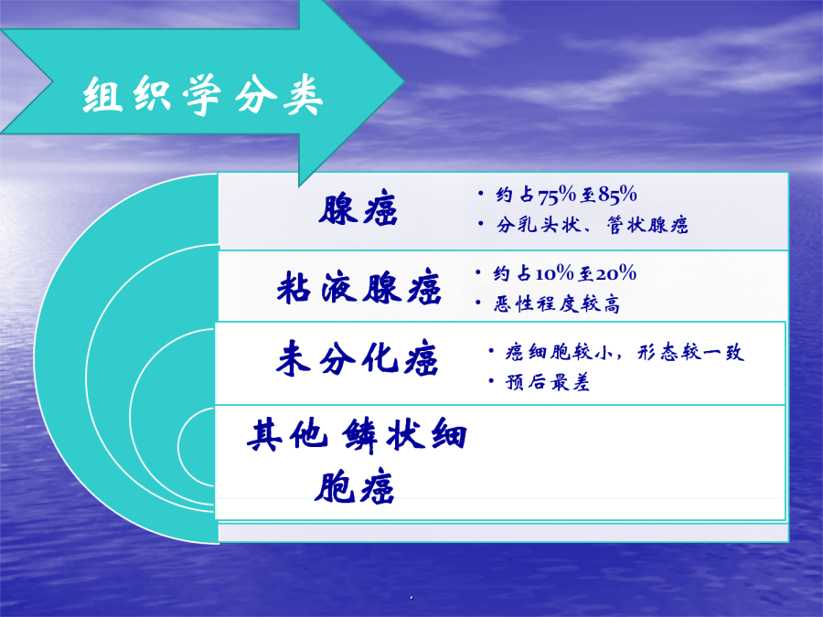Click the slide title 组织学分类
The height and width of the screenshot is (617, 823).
click(x=203, y=95)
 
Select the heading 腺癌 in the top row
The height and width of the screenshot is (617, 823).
click(x=358, y=208)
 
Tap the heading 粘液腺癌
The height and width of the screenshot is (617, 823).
click(x=359, y=287)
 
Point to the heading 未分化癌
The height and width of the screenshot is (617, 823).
click(x=357, y=359)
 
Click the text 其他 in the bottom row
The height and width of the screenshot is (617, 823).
click(x=287, y=435)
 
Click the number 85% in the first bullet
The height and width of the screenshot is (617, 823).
click(x=617, y=195)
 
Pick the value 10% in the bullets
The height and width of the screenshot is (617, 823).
click(x=554, y=273)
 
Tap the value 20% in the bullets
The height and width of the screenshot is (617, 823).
click(x=615, y=273)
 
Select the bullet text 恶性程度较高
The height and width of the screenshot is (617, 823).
click(x=557, y=303)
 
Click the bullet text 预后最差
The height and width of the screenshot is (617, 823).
click(x=548, y=382)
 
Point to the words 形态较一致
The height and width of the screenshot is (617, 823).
click(x=690, y=352)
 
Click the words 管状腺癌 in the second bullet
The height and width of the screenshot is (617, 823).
click(x=647, y=225)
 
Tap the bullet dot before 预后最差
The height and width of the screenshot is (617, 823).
click(x=491, y=380)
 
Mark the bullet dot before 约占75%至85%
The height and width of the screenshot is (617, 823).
click(x=481, y=194)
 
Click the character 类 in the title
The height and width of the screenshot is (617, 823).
click(x=304, y=95)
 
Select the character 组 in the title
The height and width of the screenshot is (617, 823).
click(x=102, y=95)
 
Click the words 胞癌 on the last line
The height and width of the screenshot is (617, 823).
click(x=354, y=487)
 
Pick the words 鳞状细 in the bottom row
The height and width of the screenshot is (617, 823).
click(x=404, y=435)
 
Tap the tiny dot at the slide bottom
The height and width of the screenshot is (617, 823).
click(x=411, y=598)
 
